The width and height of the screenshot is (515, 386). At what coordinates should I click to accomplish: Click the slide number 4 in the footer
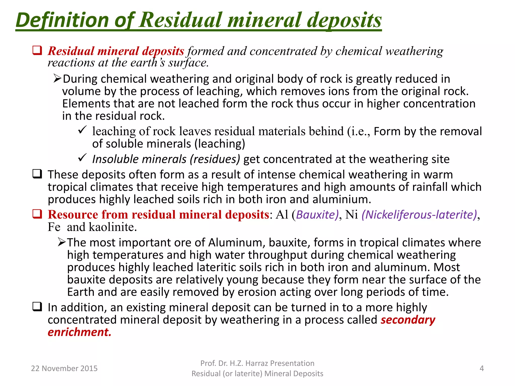click(x=482, y=368)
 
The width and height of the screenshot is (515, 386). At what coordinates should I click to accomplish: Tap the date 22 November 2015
click(x=64, y=368)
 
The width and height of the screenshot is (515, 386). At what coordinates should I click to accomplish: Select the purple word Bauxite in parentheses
click(x=317, y=215)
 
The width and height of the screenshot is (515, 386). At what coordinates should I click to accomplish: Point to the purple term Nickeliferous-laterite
click(x=419, y=215)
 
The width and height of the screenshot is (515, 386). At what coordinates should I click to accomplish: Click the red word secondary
click(x=408, y=320)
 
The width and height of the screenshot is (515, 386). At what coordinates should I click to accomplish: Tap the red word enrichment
click(x=79, y=332)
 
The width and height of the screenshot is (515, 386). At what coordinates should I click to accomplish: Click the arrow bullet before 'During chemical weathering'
click(x=57, y=79)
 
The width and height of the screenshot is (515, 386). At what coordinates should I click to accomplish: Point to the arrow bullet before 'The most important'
click(x=62, y=242)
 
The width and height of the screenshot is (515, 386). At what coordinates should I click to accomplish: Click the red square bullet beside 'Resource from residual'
click(x=37, y=214)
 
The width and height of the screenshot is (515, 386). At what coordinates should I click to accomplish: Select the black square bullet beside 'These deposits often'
click(x=37, y=174)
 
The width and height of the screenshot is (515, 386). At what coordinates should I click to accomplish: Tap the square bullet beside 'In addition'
click(x=37, y=307)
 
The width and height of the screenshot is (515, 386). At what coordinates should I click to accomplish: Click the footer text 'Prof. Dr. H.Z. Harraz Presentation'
click(x=257, y=363)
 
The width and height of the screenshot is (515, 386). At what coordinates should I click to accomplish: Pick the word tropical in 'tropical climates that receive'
click(x=67, y=187)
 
